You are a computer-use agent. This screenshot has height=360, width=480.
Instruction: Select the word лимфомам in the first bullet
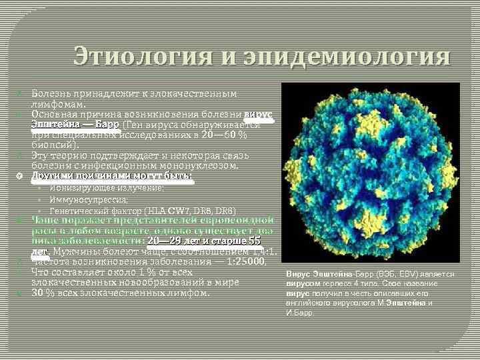tap(57, 104)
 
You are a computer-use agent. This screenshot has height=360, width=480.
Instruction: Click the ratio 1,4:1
tap(263, 251)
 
